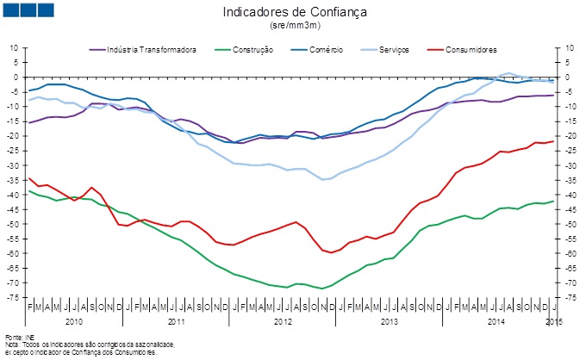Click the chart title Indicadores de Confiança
tap(295, 13)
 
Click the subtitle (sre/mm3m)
tap(295, 27)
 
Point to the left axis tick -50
tap(13, 224)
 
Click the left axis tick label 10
tap(15, 47)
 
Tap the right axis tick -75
tap(569, 297)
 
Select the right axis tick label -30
tap(569, 164)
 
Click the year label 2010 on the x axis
tap(74, 320)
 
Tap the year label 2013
tap(389, 320)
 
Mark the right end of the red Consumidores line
tap(553, 141)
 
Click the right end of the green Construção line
tap(553, 201)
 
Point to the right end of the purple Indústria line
tap(553, 95)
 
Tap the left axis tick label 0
tap(16, 77)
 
